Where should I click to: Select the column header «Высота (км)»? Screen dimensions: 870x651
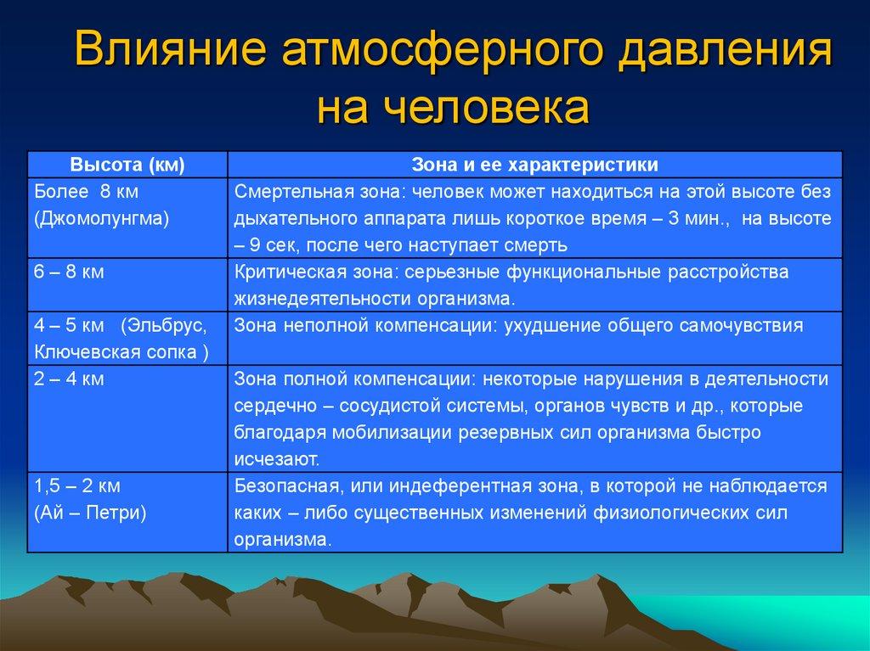[127, 165]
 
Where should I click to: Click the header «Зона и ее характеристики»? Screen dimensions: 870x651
[535, 165]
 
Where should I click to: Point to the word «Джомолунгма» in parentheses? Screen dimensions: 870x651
[102, 218]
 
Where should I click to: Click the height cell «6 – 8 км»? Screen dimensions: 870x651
[69, 272]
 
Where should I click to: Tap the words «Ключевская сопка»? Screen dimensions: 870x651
[116, 352]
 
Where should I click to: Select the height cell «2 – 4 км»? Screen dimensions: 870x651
[69, 379]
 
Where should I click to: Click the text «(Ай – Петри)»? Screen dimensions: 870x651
[90, 513]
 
